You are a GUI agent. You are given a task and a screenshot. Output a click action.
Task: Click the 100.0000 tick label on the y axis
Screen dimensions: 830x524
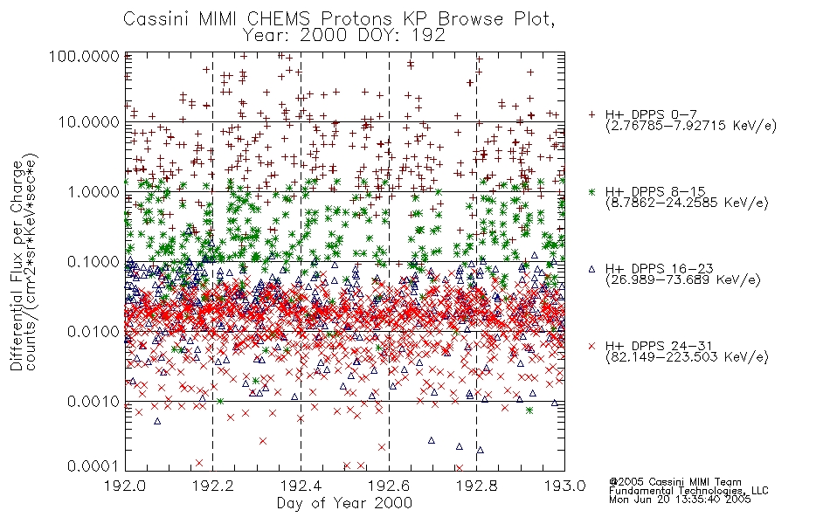click(84, 56)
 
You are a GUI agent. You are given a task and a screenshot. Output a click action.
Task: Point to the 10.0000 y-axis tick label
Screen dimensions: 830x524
click(89, 122)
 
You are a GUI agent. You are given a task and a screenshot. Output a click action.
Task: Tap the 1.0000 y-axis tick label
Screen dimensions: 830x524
click(93, 191)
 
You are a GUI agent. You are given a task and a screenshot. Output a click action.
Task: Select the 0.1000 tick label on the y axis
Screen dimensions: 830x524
click(93, 261)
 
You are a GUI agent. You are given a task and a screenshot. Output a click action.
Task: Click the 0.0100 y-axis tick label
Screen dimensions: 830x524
click(93, 331)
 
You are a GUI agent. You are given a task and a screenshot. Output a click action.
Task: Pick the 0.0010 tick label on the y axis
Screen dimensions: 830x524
click(93, 401)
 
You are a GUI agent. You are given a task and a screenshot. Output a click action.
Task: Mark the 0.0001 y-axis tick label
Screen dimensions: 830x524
click(93, 465)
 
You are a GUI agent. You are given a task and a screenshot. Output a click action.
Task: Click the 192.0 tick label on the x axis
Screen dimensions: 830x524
click(125, 486)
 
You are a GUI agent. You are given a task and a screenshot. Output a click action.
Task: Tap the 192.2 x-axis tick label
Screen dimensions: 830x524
click(213, 486)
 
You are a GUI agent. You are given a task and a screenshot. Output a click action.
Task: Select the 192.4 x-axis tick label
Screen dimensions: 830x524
click(301, 486)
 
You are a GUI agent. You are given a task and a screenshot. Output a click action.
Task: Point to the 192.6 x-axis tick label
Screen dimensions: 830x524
click(389, 486)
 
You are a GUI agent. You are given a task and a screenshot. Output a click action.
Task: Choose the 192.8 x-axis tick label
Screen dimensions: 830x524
click(476, 486)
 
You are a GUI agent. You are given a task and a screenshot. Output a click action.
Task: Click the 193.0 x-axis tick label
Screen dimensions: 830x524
click(564, 486)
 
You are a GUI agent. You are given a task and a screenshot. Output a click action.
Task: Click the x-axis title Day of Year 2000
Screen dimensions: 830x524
click(344, 503)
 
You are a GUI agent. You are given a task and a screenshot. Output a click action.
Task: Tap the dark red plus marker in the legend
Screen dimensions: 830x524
click(591, 114)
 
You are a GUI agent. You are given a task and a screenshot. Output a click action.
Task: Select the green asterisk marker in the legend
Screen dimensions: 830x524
click(591, 191)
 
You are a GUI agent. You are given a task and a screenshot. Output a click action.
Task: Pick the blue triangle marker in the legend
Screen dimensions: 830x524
click(591, 269)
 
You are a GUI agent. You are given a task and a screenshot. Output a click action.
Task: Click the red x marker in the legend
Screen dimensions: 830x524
click(591, 346)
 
